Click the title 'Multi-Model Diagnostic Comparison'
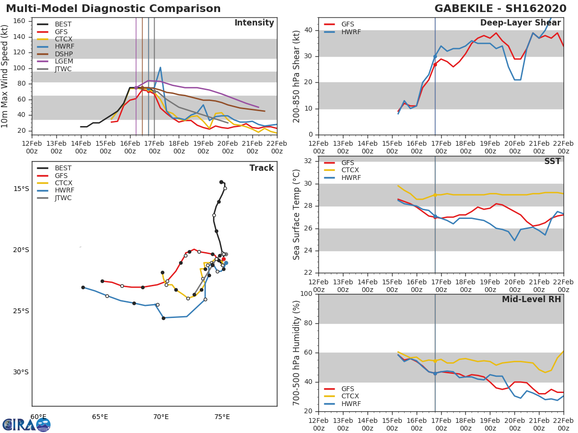pyautogui.click(x=113, y=9)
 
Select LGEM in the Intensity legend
pyautogui.click(x=63, y=62)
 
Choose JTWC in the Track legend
pyautogui.click(x=63, y=198)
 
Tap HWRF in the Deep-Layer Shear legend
pyautogui.click(x=351, y=32)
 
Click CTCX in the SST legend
pyautogui.click(x=350, y=170)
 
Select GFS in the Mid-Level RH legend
pyautogui.click(x=347, y=389)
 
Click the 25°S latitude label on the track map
pyautogui.click(x=21, y=311)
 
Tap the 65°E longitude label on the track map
pyautogui.click(x=100, y=417)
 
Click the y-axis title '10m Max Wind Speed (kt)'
pyautogui.click(x=5, y=76)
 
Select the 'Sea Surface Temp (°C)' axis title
pyautogui.click(x=297, y=215)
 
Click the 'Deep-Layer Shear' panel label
pyautogui.click(x=520, y=23)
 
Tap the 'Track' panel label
pyautogui.click(x=261, y=168)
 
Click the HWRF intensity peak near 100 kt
pyautogui.click(x=160, y=67)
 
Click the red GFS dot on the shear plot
pyautogui.click(x=435, y=64)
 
